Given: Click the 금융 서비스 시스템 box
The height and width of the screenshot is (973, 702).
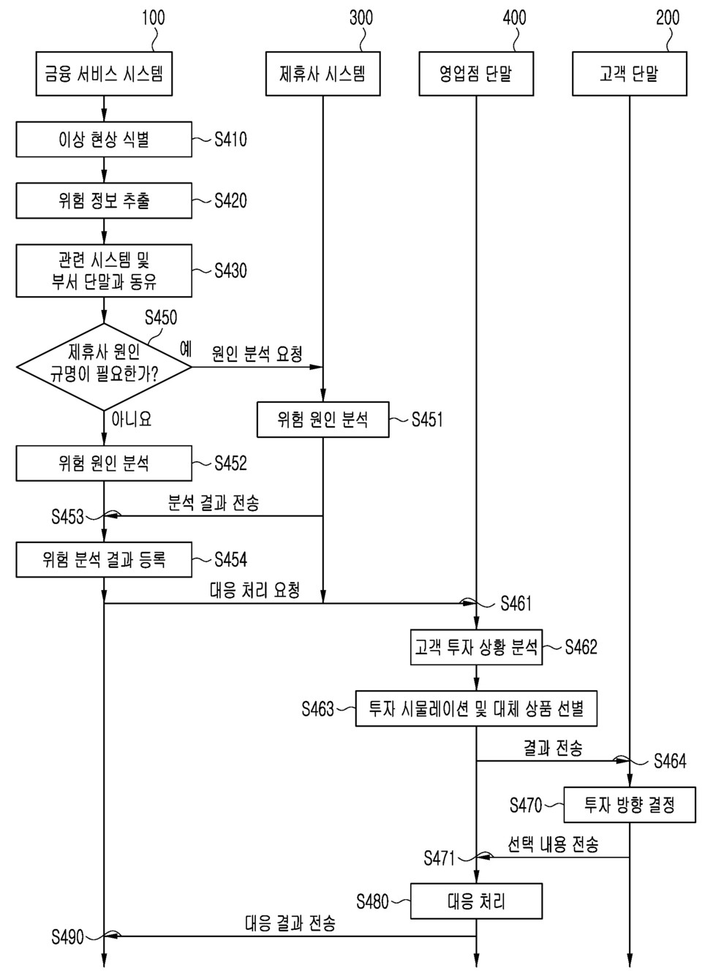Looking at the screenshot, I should pyautogui.click(x=104, y=74).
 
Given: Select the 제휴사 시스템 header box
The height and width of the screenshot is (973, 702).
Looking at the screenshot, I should pyautogui.click(x=322, y=74).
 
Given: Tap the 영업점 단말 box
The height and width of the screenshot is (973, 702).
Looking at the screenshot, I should pyautogui.click(x=475, y=74).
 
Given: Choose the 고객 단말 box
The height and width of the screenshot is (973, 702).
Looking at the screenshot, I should pyautogui.click(x=629, y=74).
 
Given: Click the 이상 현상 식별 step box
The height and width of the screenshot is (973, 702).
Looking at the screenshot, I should pyautogui.click(x=104, y=139).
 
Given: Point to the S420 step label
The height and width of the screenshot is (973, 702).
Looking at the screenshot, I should pyautogui.click(x=230, y=201).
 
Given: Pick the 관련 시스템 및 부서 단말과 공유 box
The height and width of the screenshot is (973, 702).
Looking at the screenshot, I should pyautogui.click(x=104, y=270).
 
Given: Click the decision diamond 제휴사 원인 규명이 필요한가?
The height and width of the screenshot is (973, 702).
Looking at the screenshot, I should pyautogui.click(x=104, y=366).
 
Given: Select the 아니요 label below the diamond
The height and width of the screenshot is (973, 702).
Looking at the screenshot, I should pyautogui.click(x=131, y=419).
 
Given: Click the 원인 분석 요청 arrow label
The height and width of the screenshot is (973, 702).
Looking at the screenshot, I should pyautogui.click(x=257, y=355).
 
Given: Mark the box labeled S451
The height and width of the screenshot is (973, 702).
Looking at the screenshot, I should pyautogui.click(x=322, y=420).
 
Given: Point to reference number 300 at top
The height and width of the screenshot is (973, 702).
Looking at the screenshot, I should pyautogui.click(x=361, y=18).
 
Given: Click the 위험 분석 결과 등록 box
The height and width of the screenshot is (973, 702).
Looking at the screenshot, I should pyautogui.click(x=104, y=560).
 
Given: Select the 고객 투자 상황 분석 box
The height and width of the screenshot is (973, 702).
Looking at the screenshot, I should pyautogui.click(x=476, y=647).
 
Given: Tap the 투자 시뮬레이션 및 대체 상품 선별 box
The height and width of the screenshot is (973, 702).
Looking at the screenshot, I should pyautogui.click(x=476, y=708).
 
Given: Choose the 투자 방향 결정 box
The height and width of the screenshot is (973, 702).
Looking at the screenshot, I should pyautogui.click(x=629, y=805).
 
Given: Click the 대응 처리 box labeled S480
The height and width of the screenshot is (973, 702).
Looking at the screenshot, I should pyautogui.click(x=476, y=901).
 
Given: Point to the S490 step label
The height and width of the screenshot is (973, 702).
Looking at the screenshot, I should pyautogui.click(x=67, y=936).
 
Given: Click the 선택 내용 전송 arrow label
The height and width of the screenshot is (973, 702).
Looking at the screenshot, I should pyautogui.click(x=553, y=845).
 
